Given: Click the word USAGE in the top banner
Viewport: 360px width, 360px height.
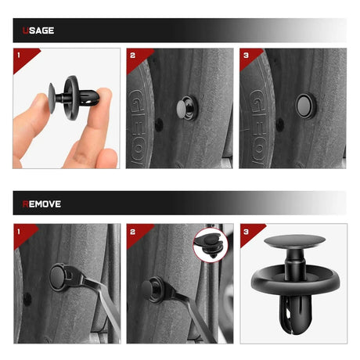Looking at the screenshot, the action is tap(38, 31).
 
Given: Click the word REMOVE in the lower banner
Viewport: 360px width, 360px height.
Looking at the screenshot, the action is tap(41, 204).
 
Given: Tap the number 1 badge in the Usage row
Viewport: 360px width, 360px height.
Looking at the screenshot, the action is tap(19, 55).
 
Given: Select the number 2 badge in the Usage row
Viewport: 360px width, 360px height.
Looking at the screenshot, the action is tap(132, 56).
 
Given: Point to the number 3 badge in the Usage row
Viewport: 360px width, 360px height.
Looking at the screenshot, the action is tap(246, 56).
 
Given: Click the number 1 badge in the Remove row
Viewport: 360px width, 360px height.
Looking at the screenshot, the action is tap(19, 232).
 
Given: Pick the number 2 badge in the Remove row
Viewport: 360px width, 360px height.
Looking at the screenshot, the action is tap(132, 232).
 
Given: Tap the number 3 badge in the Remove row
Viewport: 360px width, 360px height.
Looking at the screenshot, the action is tap(246, 232).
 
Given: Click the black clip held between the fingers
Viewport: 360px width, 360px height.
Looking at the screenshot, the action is tap(74, 98).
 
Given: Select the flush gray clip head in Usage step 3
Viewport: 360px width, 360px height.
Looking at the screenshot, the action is tap(304, 106).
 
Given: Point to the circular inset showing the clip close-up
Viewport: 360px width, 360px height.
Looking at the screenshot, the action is tap(211, 245).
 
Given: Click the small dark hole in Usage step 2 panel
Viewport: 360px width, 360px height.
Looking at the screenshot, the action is tap(159, 124).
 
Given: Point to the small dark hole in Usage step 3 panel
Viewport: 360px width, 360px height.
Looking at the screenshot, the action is tap(279, 124).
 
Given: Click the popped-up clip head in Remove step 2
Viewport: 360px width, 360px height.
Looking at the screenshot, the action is tap(149, 290).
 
